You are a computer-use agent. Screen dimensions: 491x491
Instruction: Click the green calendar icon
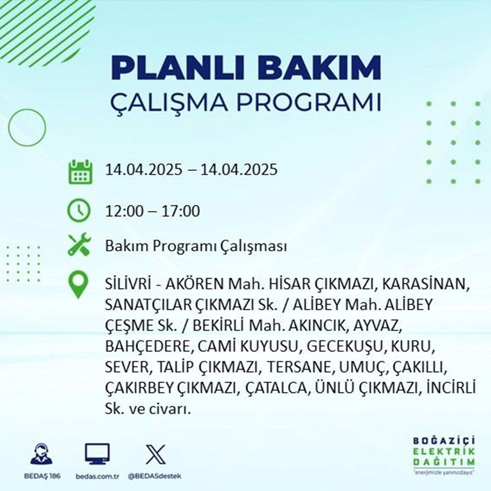click(x=80, y=170)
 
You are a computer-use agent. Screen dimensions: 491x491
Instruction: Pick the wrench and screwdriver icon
click(x=80, y=246)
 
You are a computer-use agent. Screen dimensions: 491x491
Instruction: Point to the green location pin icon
click(x=80, y=286)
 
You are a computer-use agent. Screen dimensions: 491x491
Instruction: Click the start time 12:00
click(x=124, y=212)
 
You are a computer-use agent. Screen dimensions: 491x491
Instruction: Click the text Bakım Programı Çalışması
click(x=195, y=247)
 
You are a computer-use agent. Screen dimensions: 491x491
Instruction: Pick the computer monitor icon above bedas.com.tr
click(x=97, y=454)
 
